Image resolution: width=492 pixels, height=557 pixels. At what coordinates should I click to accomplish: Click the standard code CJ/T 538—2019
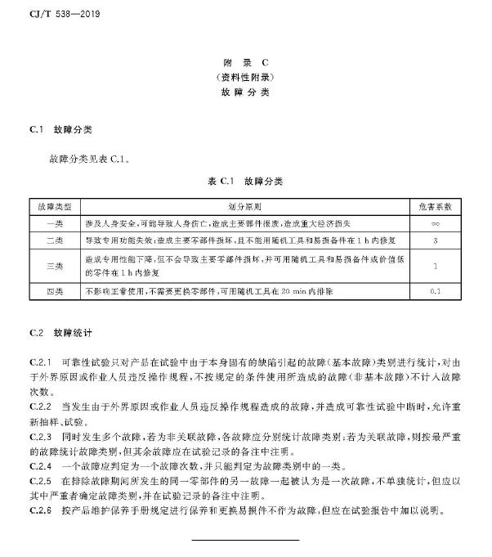click(58, 14)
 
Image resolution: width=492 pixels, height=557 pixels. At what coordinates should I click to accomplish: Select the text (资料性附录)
click(245, 77)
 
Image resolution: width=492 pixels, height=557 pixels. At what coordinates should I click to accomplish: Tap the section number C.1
click(35, 130)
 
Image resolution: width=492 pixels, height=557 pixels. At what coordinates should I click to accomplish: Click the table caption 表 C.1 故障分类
click(245, 181)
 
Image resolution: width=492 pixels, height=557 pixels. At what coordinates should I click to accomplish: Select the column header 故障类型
click(55, 207)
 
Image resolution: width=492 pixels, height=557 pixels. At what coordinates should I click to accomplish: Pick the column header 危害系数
click(435, 207)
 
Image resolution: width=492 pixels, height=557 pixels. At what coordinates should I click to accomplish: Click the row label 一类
click(55, 223)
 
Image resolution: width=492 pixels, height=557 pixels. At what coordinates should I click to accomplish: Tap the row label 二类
click(55, 240)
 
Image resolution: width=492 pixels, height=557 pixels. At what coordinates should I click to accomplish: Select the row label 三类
click(55, 266)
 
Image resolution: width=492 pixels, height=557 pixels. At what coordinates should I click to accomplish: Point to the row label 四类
click(55, 291)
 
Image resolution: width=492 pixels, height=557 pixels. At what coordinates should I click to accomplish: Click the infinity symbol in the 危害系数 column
click(435, 223)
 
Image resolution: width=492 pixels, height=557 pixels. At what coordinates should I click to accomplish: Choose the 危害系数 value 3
click(435, 240)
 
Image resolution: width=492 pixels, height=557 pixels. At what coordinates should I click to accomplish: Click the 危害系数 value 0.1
click(435, 291)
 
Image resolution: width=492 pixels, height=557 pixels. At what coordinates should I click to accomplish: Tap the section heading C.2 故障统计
click(61, 334)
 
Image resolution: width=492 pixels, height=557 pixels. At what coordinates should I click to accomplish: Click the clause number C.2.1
click(40, 361)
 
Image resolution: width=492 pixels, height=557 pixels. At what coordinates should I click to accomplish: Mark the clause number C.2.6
click(40, 512)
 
